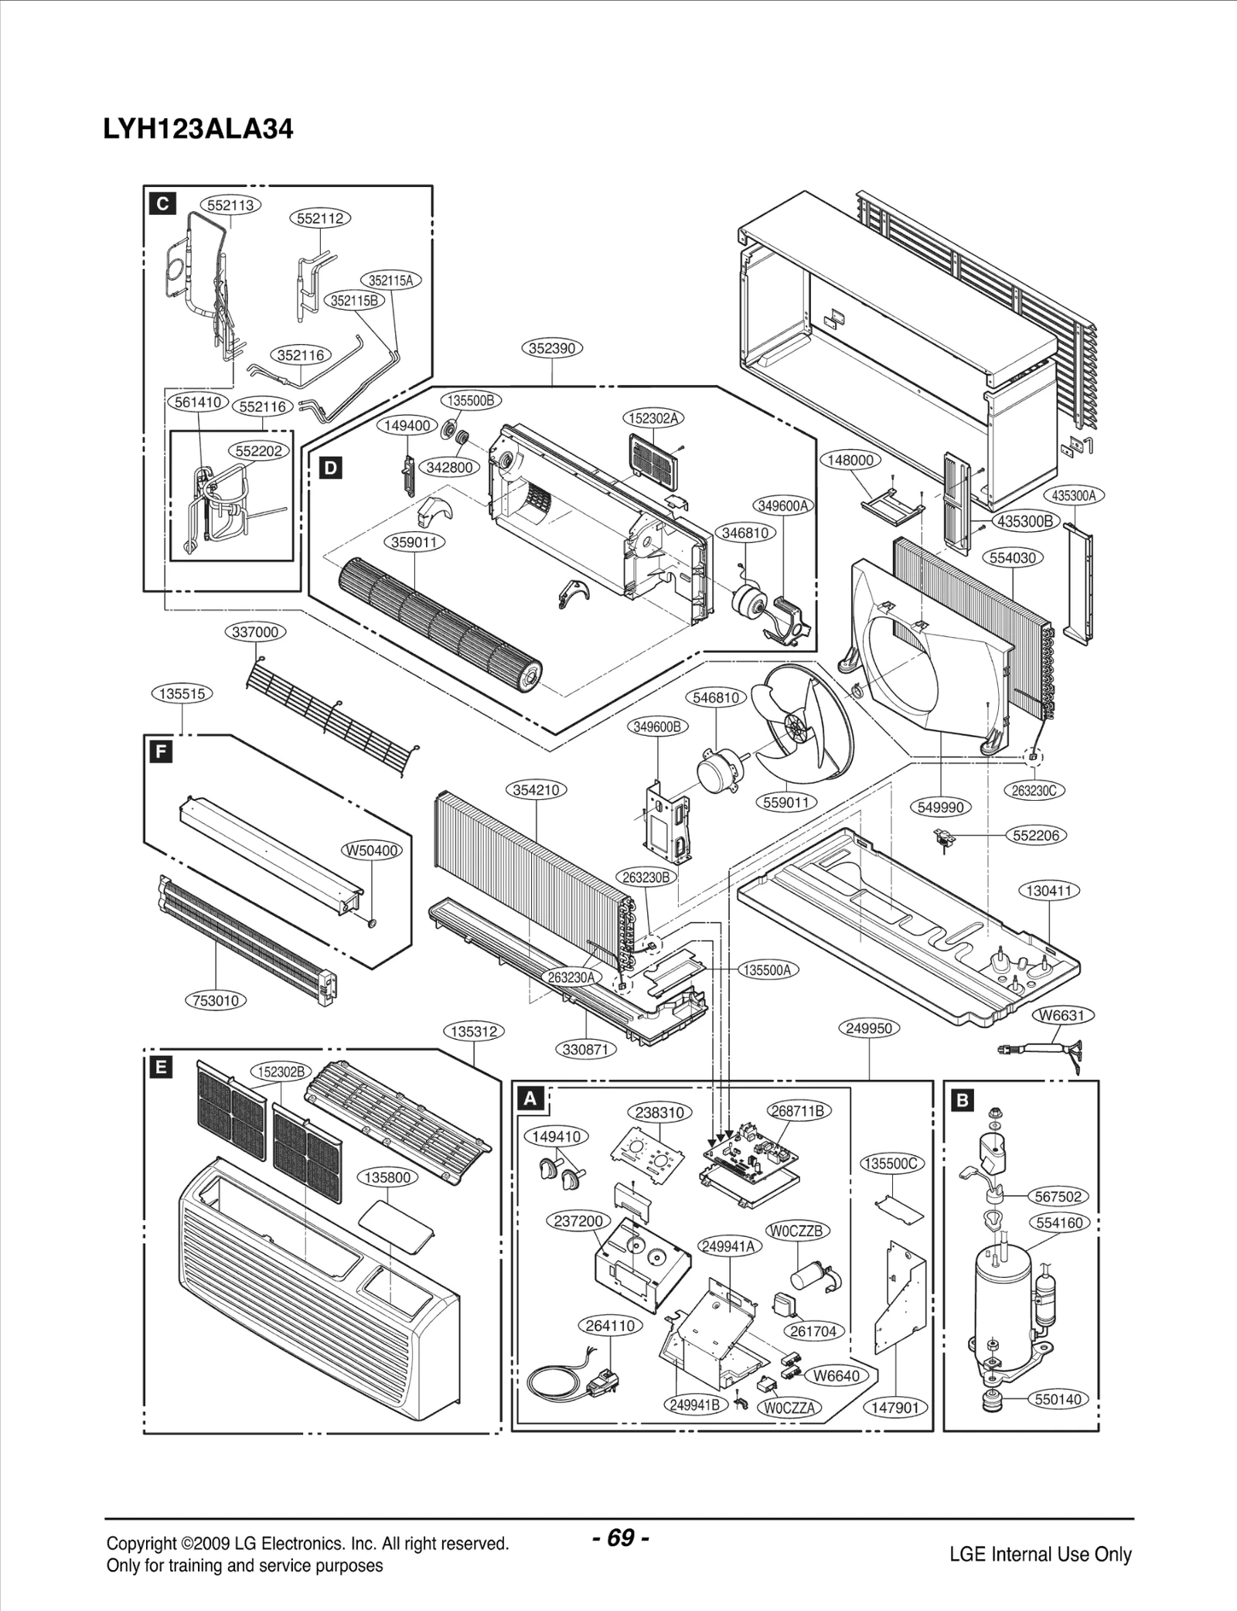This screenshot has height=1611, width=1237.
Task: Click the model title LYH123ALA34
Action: click(x=198, y=129)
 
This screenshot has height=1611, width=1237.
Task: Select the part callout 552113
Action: click(x=231, y=205)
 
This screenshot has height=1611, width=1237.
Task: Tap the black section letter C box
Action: click(x=162, y=203)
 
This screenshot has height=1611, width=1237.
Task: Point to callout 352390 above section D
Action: click(x=551, y=348)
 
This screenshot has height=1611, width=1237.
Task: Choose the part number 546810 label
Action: click(x=715, y=697)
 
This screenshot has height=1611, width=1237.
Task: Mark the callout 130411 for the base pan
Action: click(x=1048, y=891)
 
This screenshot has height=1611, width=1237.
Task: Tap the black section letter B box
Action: click(x=962, y=1099)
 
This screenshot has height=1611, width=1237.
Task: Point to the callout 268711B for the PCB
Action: click(x=799, y=1111)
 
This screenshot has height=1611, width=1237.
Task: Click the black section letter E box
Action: click(x=160, y=1068)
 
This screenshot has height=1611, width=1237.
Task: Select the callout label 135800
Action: click(x=387, y=1177)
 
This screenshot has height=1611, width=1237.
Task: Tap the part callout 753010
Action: click(x=216, y=1000)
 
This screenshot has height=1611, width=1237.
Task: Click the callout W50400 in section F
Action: click(x=372, y=850)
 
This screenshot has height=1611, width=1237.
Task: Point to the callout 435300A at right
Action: click(x=1074, y=496)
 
